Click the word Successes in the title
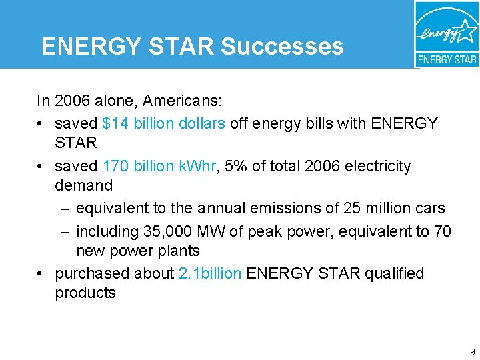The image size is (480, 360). pyautogui.click(x=282, y=46)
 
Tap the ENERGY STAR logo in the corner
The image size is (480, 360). pyautogui.click(x=446, y=34)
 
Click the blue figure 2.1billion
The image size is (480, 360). pyautogui.click(x=211, y=273)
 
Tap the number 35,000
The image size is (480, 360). pyautogui.click(x=168, y=231)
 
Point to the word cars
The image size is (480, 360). pyautogui.click(x=430, y=208)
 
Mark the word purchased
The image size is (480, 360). pyautogui.click(x=88, y=273)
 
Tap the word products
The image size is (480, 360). pyautogui.click(x=85, y=293)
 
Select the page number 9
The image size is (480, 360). pyautogui.click(x=472, y=351)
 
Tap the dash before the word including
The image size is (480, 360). pyautogui.click(x=64, y=232)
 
